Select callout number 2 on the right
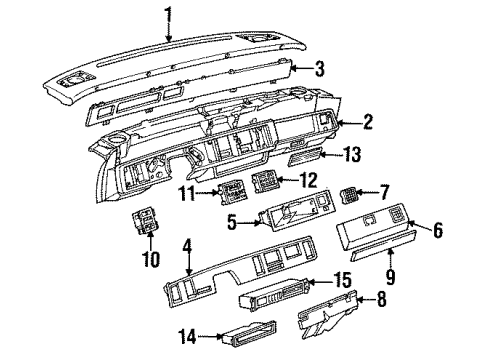[x=369, y=123]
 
